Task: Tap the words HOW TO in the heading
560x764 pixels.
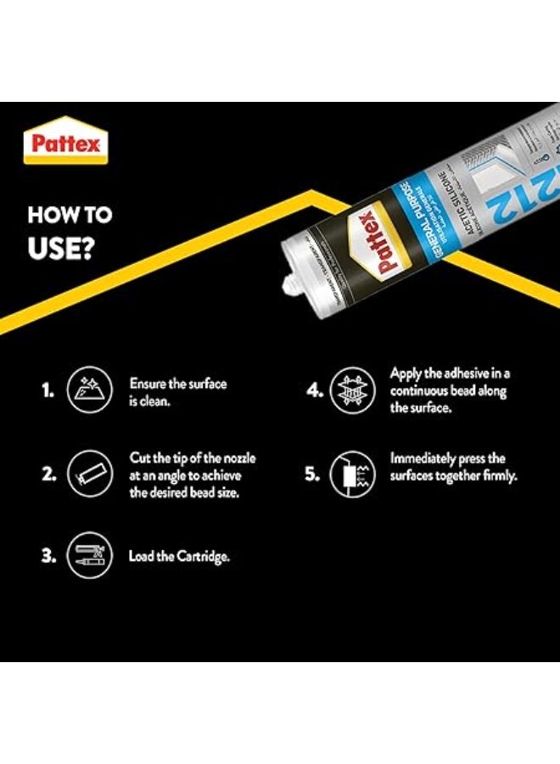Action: coord(70,215)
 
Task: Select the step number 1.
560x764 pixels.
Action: coord(48,390)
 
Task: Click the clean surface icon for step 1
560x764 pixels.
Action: coord(87,390)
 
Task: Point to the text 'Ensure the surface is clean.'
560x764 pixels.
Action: coord(177,391)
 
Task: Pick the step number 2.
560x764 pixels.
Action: coord(48,474)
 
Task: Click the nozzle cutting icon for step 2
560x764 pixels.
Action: coord(87,474)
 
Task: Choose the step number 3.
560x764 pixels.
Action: coord(48,557)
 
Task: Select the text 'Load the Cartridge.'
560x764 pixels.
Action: coord(179,557)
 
